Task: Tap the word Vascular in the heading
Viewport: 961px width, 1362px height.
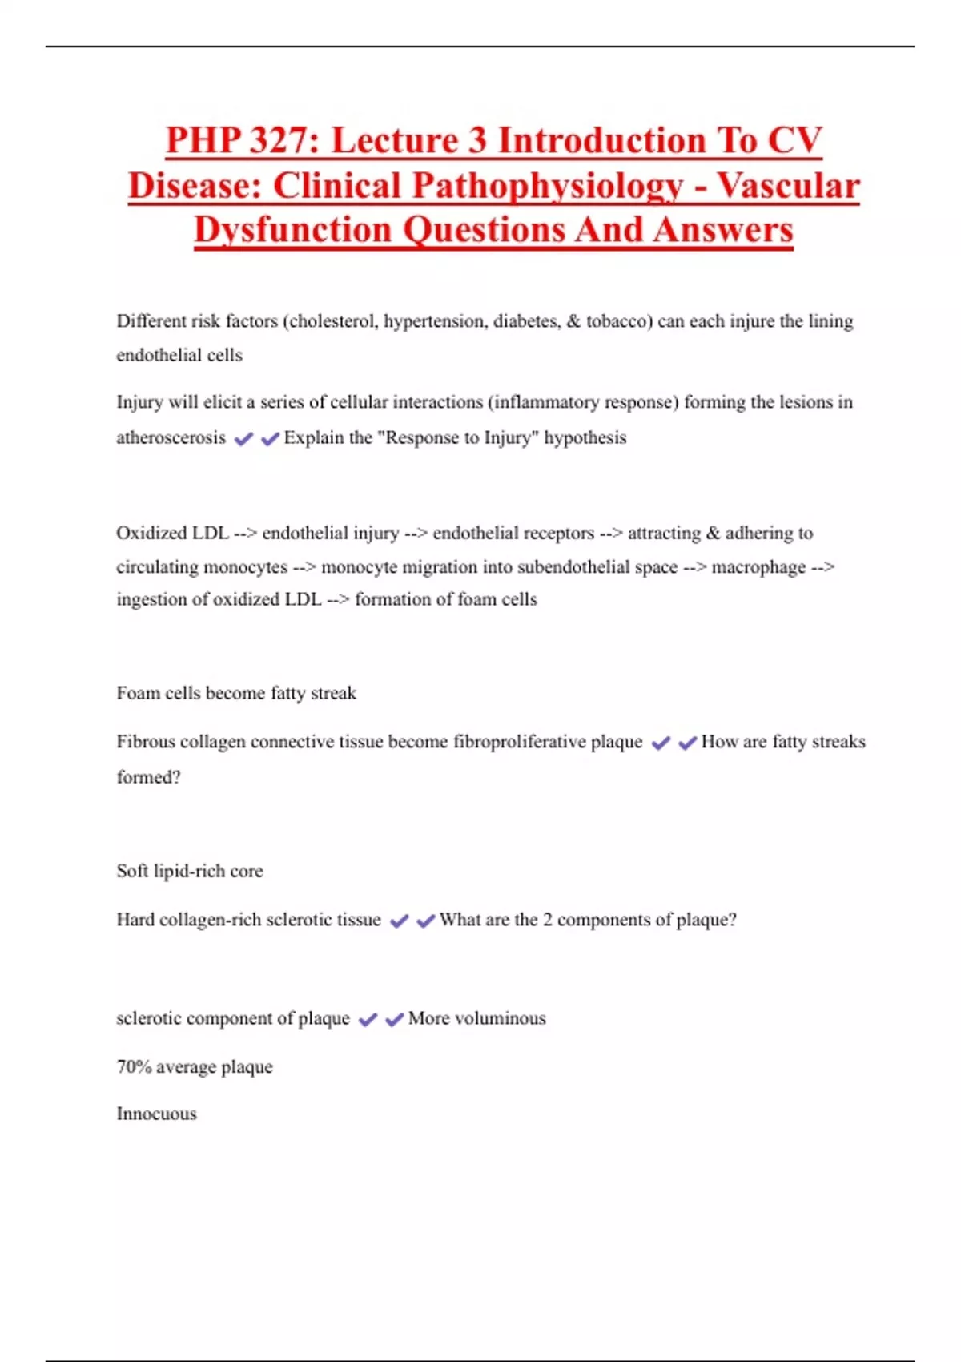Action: (788, 186)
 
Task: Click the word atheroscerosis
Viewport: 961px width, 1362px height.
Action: (171, 437)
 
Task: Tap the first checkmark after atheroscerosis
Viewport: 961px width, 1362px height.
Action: (243, 438)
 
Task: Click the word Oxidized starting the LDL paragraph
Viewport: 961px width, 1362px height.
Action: (151, 533)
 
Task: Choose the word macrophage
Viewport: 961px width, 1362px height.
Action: (758, 567)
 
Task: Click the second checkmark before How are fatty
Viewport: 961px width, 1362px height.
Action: (687, 743)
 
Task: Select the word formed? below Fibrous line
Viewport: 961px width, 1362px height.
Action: (148, 777)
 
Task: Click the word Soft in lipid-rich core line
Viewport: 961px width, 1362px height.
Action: (132, 871)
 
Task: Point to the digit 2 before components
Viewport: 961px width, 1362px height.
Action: (547, 920)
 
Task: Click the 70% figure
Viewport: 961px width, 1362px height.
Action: (134, 1067)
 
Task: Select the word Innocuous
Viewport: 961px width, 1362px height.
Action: (156, 1114)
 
